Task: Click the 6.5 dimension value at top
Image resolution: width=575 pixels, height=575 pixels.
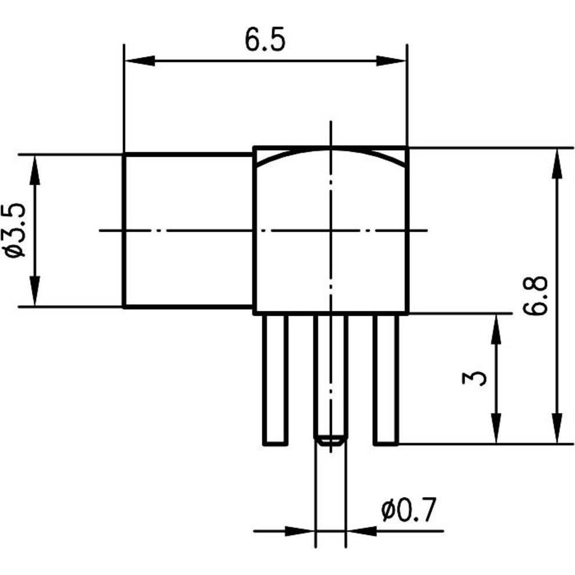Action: click(x=265, y=41)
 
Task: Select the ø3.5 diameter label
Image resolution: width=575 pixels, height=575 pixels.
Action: click(x=16, y=230)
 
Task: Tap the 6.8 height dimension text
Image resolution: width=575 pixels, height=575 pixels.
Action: click(x=534, y=295)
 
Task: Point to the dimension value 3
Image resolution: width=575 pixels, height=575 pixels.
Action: click(x=475, y=378)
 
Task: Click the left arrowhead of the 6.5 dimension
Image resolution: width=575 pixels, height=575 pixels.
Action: click(x=139, y=61)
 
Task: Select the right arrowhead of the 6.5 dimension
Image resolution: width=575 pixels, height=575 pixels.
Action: click(x=391, y=61)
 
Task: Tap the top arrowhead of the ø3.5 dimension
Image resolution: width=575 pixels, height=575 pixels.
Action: click(x=35, y=169)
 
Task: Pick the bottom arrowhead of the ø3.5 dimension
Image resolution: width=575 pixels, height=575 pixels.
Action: click(x=35, y=292)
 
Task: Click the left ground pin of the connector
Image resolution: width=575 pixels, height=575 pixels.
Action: click(x=276, y=380)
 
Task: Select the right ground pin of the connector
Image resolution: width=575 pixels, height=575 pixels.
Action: click(x=386, y=380)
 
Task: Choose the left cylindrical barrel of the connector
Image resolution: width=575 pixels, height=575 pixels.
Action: click(x=189, y=230)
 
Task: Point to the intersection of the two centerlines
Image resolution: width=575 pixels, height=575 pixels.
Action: click(x=331, y=230)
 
